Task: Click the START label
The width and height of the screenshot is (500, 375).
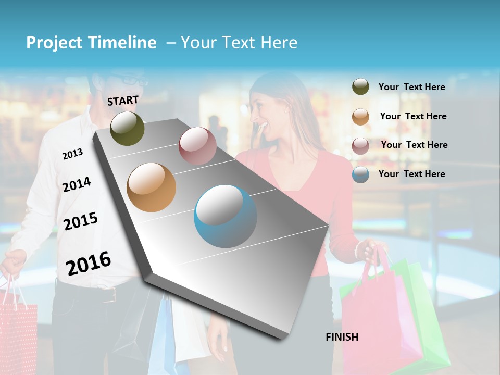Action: (x=123, y=101)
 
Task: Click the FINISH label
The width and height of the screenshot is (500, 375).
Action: (x=342, y=337)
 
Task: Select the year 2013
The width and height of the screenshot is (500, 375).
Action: (x=72, y=154)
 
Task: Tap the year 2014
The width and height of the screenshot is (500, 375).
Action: (x=77, y=184)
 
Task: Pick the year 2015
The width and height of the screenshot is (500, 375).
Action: (x=81, y=221)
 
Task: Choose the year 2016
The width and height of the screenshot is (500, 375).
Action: (x=89, y=263)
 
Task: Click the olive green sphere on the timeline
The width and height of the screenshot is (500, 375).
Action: (x=127, y=128)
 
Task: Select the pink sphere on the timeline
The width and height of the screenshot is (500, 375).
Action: (x=197, y=145)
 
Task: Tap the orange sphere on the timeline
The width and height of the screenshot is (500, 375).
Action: (x=151, y=187)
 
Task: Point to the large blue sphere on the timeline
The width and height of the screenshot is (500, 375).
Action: (x=225, y=216)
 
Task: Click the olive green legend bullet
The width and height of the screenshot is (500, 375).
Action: (x=360, y=86)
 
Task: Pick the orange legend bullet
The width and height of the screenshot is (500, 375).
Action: (x=360, y=117)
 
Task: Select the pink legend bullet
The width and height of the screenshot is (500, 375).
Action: (x=360, y=146)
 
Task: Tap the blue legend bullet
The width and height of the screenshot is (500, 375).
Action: (x=360, y=174)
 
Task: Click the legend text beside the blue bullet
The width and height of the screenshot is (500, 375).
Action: (x=411, y=174)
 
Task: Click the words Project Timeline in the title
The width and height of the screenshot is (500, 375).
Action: (x=91, y=43)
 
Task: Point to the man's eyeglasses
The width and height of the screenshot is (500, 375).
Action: (x=130, y=80)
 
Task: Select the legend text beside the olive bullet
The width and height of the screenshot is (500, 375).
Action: (x=411, y=87)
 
